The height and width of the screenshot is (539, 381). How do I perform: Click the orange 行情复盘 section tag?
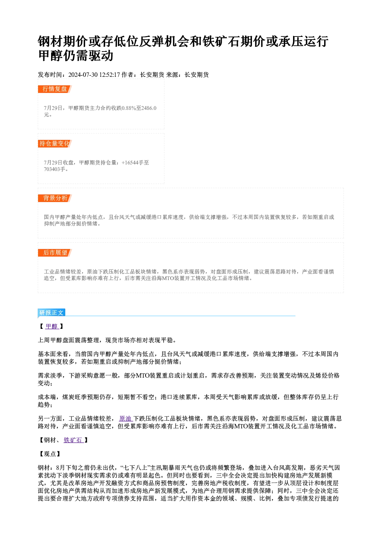55,89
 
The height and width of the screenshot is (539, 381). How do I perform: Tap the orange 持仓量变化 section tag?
55,144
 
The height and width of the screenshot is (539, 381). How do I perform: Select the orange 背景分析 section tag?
55,198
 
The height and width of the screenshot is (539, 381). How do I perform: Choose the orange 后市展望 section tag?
55,253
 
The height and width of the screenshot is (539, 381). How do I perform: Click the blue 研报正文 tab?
51,313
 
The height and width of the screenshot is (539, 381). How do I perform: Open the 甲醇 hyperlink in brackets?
52,327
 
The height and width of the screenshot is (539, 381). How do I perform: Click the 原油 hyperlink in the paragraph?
126,419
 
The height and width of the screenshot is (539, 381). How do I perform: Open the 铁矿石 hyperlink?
73,440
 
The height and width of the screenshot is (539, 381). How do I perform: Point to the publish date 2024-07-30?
83,75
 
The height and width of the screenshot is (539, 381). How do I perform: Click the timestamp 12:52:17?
110,75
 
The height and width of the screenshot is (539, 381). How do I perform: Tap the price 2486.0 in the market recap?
149,108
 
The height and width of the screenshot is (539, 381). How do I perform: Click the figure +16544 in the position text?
130,163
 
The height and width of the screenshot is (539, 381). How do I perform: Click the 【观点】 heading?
50,454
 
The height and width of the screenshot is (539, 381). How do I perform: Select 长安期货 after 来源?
197,75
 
